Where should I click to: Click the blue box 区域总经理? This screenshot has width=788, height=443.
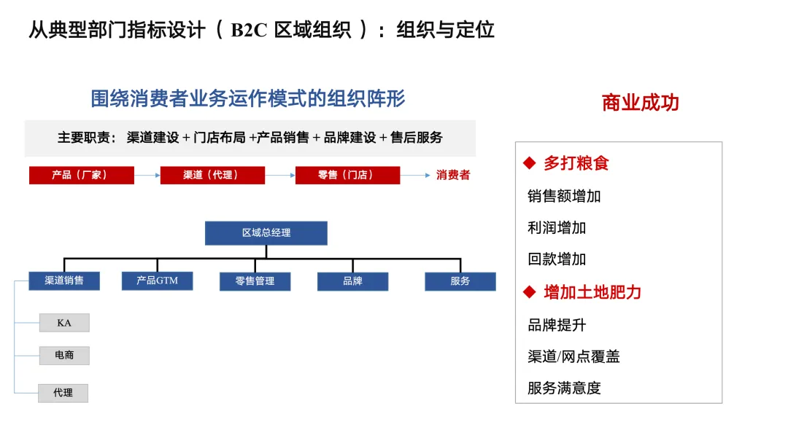pyautogui.click(x=266, y=232)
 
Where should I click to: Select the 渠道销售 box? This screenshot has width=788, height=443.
pyautogui.click(x=64, y=281)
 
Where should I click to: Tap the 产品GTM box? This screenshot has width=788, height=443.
pyautogui.click(x=157, y=281)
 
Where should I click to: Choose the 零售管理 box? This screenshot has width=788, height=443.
pyautogui.click(x=255, y=281)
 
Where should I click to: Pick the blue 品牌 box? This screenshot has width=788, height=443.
pyautogui.click(x=352, y=281)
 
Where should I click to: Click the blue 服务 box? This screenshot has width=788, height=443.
pyautogui.click(x=460, y=281)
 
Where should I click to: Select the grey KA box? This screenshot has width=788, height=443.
pyautogui.click(x=64, y=323)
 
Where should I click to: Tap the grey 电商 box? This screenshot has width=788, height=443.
pyautogui.click(x=64, y=356)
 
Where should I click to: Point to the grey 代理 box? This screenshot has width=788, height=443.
pyautogui.click(x=63, y=393)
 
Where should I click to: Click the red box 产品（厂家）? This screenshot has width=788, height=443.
pyautogui.click(x=81, y=176)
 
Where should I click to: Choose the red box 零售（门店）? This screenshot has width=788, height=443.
pyautogui.click(x=347, y=176)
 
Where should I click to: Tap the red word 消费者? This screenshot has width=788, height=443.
pyautogui.click(x=453, y=176)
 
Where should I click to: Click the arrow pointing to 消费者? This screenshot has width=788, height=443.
pyautogui.click(x=415, y=176)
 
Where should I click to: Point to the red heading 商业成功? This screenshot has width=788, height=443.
pyautogui.click(x=640, y=103)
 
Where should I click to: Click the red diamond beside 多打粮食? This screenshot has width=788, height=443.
pyautogui.click(x=530, y=163)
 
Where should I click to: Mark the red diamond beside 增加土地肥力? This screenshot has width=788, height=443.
pyautogui.click(x=530, y=293)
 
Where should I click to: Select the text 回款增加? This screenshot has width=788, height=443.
pyautogui.click(x=557, y=259)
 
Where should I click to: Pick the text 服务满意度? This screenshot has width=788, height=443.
pyautogui.click(x=564, y=388)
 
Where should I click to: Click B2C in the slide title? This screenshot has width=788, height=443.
pyautogui.click(x=250, y=30)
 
